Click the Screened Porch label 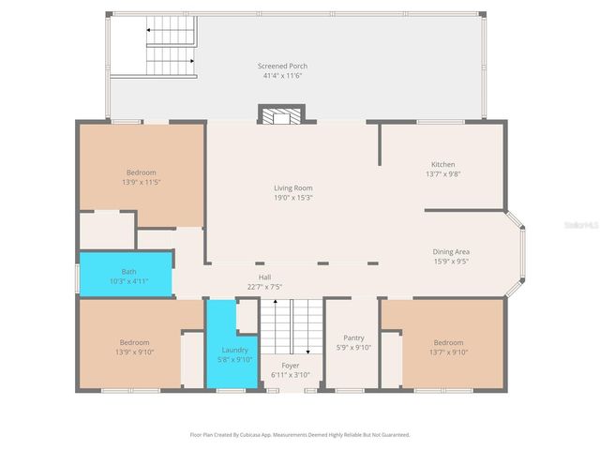point(282,66)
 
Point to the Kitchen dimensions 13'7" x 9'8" point(442,173)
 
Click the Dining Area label point(451,251)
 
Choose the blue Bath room point(126,275)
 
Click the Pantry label point(352,337)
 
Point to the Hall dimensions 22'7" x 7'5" point(264,287)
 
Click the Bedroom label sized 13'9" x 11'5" point(141,172)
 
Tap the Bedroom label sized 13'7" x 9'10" point(447,342)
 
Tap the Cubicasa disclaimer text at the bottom point(300,435)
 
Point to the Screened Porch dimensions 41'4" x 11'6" point(282,75)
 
